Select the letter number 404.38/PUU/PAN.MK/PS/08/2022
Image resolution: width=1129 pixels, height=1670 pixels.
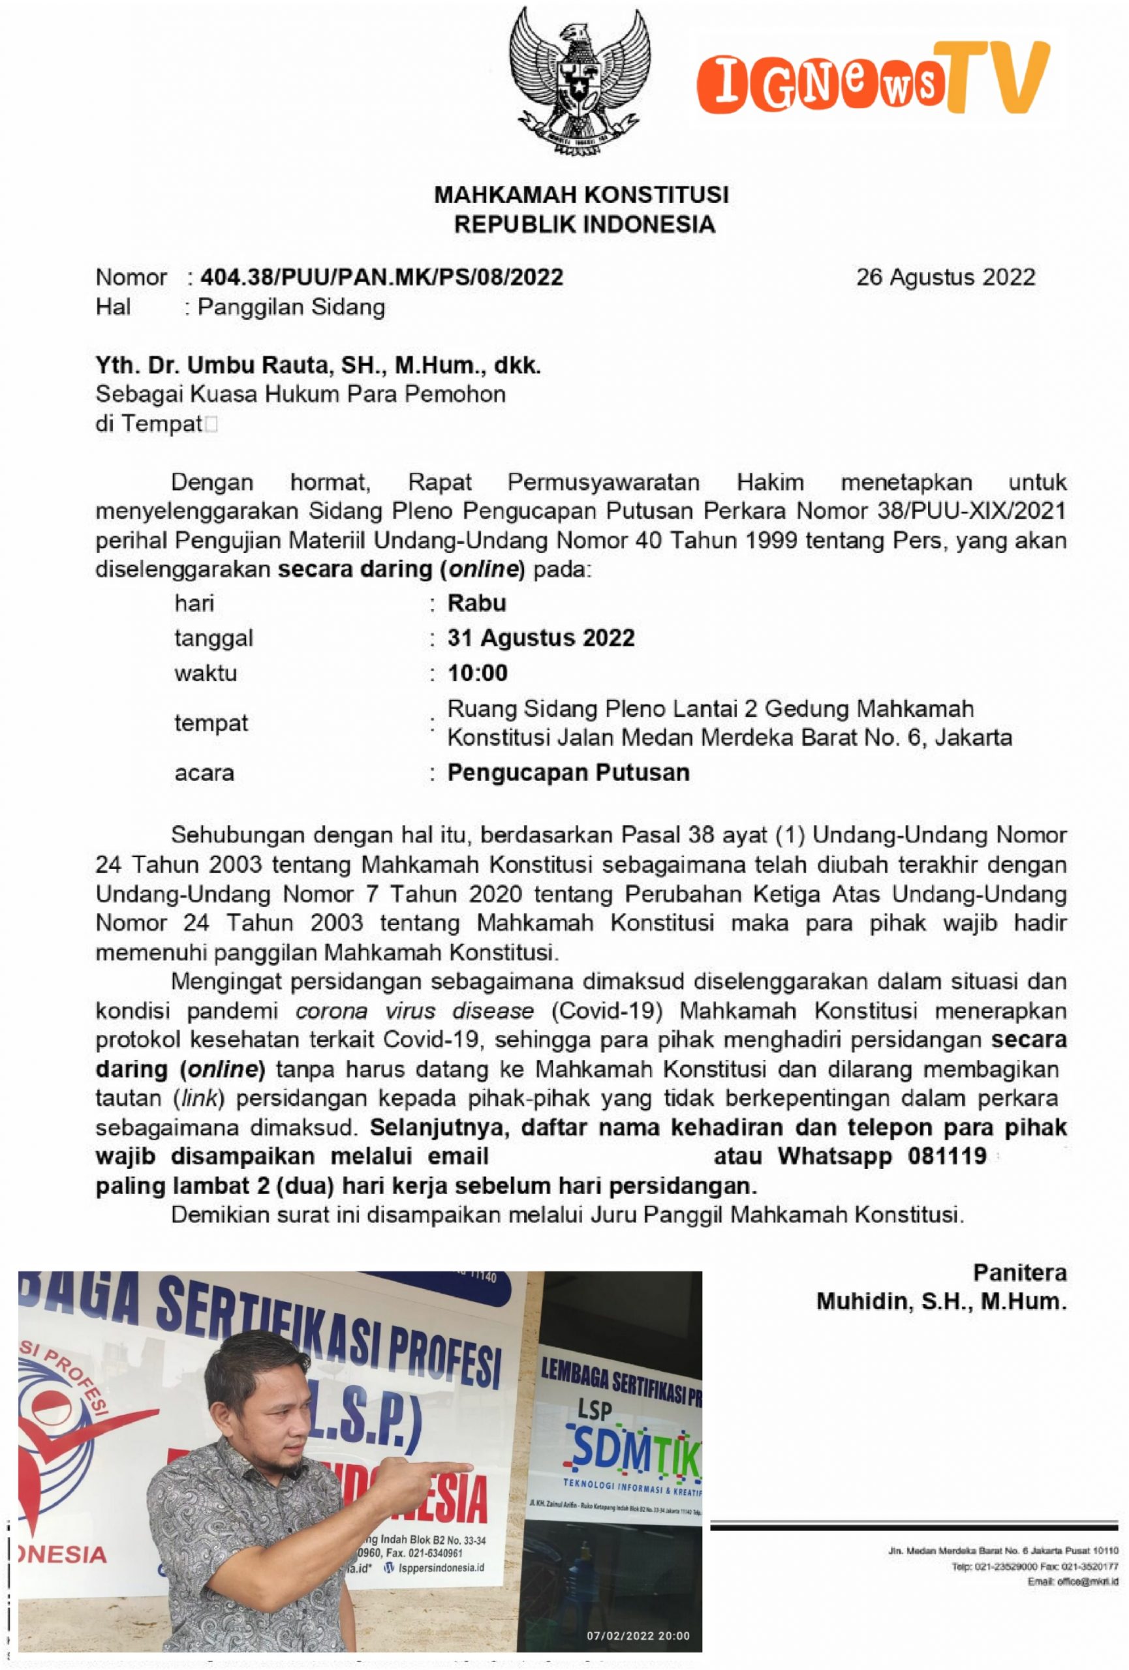[x=381, y=277]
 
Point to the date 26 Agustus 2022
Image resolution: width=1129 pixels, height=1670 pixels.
[x=945, y=277]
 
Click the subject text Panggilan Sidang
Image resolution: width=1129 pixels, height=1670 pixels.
[x=291, y=307]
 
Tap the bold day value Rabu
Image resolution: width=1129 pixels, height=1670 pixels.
[x=476, y=602]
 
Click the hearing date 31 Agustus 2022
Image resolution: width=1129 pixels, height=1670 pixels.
[x=540, y=637]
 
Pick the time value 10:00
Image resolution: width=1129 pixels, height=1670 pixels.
[x=477, y=673]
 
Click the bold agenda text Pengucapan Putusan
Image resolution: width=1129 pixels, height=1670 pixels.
[x=568, y=772]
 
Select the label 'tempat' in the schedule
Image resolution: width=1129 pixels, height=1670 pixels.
[x=211, y=722]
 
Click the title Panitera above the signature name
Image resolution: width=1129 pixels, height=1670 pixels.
[x=1019, y=1273]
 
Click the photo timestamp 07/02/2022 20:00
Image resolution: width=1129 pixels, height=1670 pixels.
[x=638, y=1635]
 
